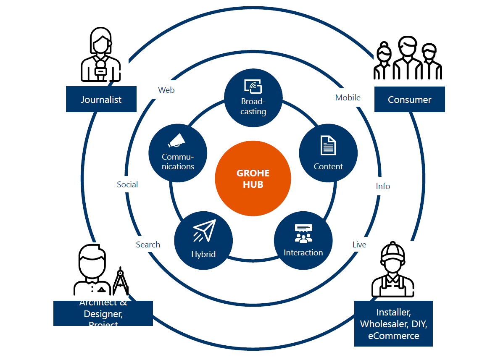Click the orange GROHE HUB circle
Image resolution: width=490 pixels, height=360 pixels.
253,179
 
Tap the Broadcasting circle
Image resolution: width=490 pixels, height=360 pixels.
253,98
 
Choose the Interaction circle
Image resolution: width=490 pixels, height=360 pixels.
303,241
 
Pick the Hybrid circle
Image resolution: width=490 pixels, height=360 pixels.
203,241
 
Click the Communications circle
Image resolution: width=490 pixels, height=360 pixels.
178,153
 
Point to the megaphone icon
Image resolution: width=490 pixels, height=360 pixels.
177,141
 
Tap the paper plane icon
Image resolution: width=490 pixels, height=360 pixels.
204,230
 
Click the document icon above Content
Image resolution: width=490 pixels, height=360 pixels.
328,145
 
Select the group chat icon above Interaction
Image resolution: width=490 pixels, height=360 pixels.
303,233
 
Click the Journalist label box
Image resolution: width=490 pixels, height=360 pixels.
101,99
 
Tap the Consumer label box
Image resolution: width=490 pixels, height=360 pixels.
409,99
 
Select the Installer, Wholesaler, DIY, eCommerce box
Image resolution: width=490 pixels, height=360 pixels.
393,323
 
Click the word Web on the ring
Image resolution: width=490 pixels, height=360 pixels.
166,90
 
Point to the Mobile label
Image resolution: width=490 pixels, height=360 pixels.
348,97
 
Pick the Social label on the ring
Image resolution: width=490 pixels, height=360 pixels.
127,184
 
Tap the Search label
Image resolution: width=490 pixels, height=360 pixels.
148,244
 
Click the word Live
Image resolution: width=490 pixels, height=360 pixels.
359,244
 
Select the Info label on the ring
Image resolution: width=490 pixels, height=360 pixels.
383,186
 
